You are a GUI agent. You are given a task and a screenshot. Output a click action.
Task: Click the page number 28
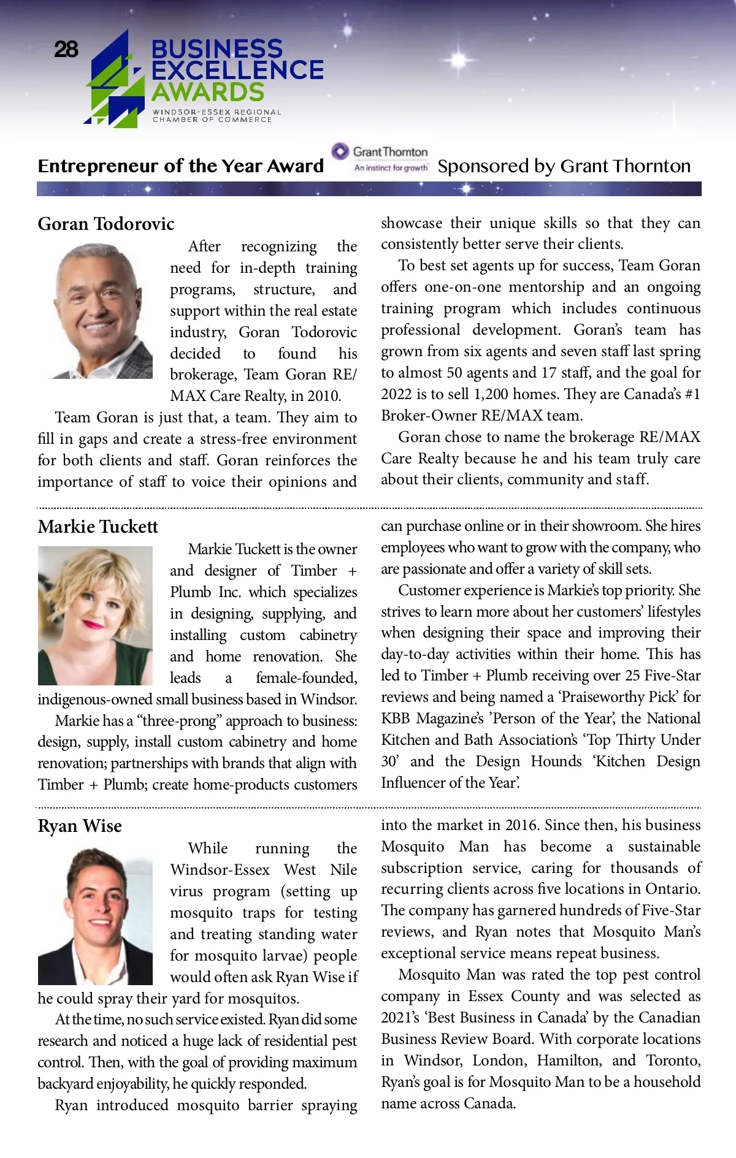(66, 49)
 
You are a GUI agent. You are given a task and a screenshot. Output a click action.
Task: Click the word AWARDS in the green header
(208, 93)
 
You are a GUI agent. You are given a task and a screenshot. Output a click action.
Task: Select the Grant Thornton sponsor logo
(381, 158)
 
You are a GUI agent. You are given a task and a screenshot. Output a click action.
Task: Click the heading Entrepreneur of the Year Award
(180, 166)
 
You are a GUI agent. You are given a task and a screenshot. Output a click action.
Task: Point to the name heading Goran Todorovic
(106, 224)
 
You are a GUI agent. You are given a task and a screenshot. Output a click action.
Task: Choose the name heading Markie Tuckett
(98, 527)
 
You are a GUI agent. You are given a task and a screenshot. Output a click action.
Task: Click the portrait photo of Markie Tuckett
(95, 615)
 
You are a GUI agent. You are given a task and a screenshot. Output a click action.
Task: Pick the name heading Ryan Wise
(80, 826)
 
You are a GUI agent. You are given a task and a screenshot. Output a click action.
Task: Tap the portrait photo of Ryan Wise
(95, 916)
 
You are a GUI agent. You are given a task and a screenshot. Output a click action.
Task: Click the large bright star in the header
(459, 60)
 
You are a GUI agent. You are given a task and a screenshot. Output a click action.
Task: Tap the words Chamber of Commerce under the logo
(212, 120)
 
